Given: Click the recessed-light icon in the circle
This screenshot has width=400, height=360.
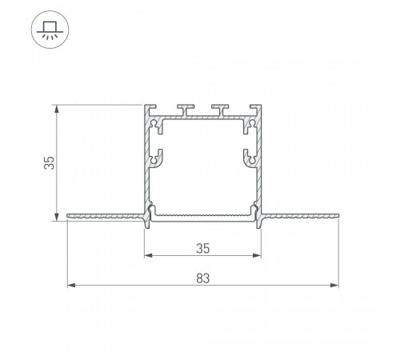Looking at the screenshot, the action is [50, 30].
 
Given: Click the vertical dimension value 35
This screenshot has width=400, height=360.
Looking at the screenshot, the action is [49, 163].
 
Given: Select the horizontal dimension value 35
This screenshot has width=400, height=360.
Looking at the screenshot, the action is [202, 249].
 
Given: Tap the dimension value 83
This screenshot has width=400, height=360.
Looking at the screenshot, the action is [203, 278].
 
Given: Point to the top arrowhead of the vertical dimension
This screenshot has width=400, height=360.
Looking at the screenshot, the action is [57, 109].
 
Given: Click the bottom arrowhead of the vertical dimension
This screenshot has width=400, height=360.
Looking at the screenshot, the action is [57, 217].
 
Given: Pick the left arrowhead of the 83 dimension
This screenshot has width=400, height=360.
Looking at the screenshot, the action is [71, 286].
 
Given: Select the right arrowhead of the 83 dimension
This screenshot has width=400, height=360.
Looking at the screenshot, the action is [334, 286].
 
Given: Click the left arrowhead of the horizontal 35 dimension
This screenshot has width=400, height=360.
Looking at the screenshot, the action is [149, 255].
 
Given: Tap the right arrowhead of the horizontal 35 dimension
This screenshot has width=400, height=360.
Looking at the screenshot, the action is [257, 255].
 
